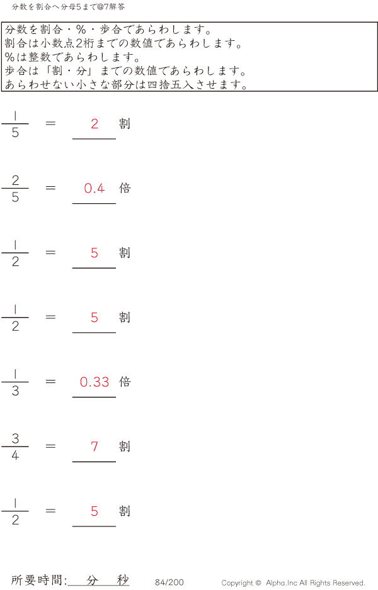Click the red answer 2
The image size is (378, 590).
tap(94, 124)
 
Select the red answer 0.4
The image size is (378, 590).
tap(94, 188)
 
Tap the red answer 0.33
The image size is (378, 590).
tap(94, 382)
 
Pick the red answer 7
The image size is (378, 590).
tap(94, 447)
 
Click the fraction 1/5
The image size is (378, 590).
tap(15, 124)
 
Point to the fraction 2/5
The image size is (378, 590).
tap(15, 188)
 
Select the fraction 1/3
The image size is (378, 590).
tap(15, 382)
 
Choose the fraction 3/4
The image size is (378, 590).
tap(15, 447)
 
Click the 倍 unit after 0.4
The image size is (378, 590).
tap(125, 188)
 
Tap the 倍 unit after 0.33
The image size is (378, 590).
tap(125, 382)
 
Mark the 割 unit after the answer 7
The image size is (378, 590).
tap(125, 446)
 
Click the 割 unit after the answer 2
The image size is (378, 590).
tap(125, 123)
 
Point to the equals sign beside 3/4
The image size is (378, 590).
tap(50, 446)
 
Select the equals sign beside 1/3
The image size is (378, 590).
tap(50, 382)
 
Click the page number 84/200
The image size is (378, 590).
tap(169, 582)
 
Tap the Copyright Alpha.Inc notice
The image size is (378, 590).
tap(293, 583)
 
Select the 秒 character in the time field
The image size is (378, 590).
tap(123, 580)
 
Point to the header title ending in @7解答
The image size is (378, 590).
tap(68, 7)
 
